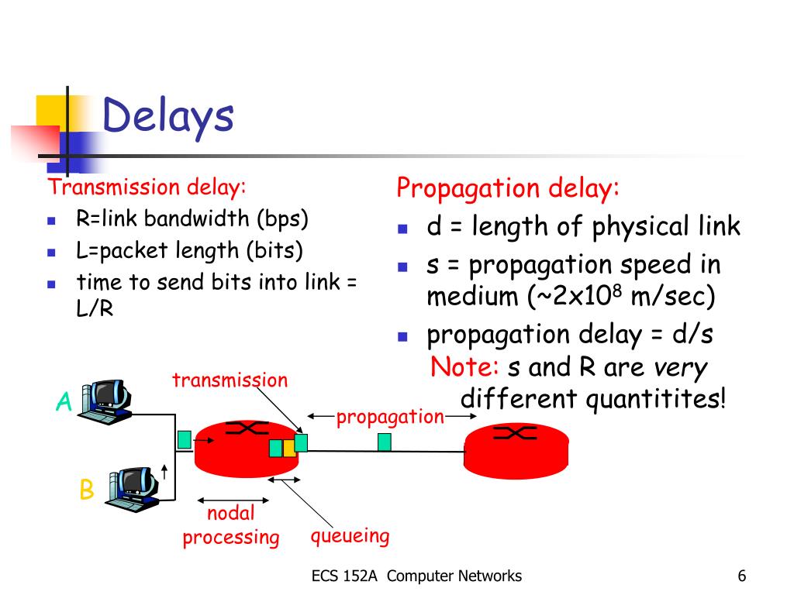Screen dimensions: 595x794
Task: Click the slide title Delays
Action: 167,117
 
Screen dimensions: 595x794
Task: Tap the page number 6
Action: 742,576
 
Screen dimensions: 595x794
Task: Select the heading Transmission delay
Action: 147,187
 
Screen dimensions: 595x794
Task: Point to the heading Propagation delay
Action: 509,187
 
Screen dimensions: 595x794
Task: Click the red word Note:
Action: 464,366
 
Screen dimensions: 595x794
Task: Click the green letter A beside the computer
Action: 64,403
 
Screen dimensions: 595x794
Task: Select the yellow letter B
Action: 86,490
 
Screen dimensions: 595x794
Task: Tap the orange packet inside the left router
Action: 288,448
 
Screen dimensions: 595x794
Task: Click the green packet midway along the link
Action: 384,442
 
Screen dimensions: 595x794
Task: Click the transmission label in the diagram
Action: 230,380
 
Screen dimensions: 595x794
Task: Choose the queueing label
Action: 350,535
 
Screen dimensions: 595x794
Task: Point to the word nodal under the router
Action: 230,513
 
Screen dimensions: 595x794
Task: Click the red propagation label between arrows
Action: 390,417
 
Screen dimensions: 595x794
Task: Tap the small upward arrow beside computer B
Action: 164,471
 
